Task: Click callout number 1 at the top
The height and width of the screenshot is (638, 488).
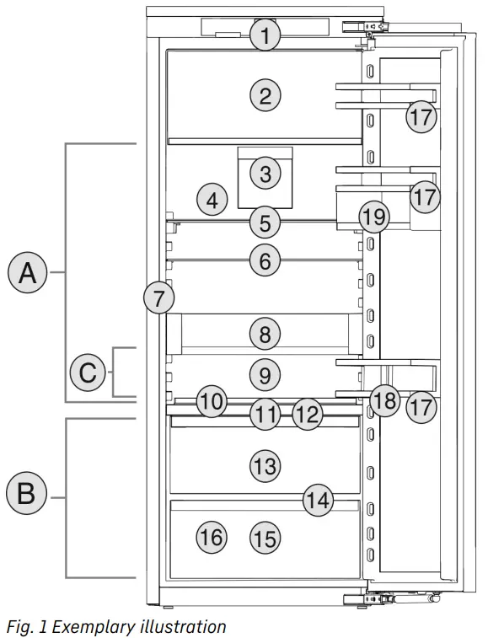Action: pyautogui.click(x=265, y=35)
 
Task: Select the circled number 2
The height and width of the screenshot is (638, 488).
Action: pyautogui.click(x=265, y=96)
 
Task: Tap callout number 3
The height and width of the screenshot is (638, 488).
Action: pyautogui.click(x=265, y=174)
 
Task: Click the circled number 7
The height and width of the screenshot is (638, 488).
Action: pyautogui.click(x=158, y=297)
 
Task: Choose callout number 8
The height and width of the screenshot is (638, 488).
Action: pyautogui.click(x=265, y=334)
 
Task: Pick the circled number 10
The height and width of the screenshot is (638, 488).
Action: pyautogui.click(x=212, y=402)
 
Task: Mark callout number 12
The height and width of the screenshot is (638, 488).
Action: pyautogui.click(x=309, y=413)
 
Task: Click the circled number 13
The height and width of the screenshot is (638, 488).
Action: pyautogui.click(x=265, y=464)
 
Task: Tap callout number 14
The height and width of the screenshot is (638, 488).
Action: pyautogui.click(x=318, y=500)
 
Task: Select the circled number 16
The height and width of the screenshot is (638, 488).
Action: pyautogui.click(x=212, y=537)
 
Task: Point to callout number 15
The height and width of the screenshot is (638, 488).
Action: pyautogui.click(x=265, y=538)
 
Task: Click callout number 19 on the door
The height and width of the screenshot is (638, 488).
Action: pyautogui.click(x=373, y=217)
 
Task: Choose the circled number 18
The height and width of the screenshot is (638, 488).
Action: pyautogui.click(x=384, y=401)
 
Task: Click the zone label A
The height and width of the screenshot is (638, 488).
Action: pyautogui.click(x=28, y=273)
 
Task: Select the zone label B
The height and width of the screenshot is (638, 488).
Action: pyautogui.click(x=26, y=494)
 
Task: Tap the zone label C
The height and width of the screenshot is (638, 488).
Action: pyautogui.click(x=88, y=373)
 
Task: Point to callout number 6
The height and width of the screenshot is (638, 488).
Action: pyautogui.click(x=265, y=262)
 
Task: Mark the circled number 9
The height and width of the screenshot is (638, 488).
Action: pyautogui.click(x=265, y=373)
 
